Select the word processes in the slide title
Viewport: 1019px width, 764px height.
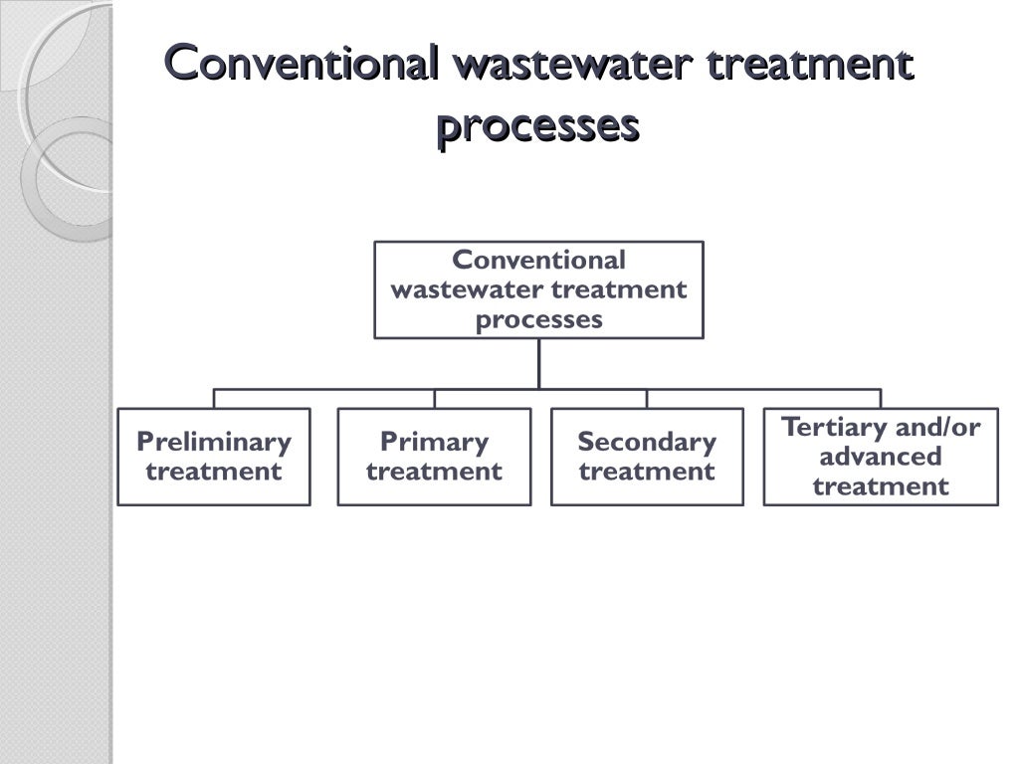(x=537, y=126)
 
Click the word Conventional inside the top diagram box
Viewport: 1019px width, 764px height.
(x=538, y=260)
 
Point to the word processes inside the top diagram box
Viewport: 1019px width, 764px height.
(x=538, y=319)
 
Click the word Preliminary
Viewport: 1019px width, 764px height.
(x=214, y=441)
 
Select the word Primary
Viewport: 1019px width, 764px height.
(x=434, y=441)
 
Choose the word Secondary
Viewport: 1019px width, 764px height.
(x=647, y=441)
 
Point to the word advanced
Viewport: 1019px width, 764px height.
(x=881, y=457)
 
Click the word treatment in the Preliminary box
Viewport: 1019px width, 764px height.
(x=214, y=471)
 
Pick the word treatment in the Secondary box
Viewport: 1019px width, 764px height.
(x=647, y=471)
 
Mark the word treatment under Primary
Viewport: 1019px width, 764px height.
(x=434, y=471)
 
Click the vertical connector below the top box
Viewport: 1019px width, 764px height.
(x=538, y=363)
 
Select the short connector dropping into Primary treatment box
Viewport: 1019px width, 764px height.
(x=434, y=399)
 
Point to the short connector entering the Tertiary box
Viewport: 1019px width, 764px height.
(x=881, y=399)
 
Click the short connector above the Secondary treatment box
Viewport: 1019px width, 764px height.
(x=647, y=399)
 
